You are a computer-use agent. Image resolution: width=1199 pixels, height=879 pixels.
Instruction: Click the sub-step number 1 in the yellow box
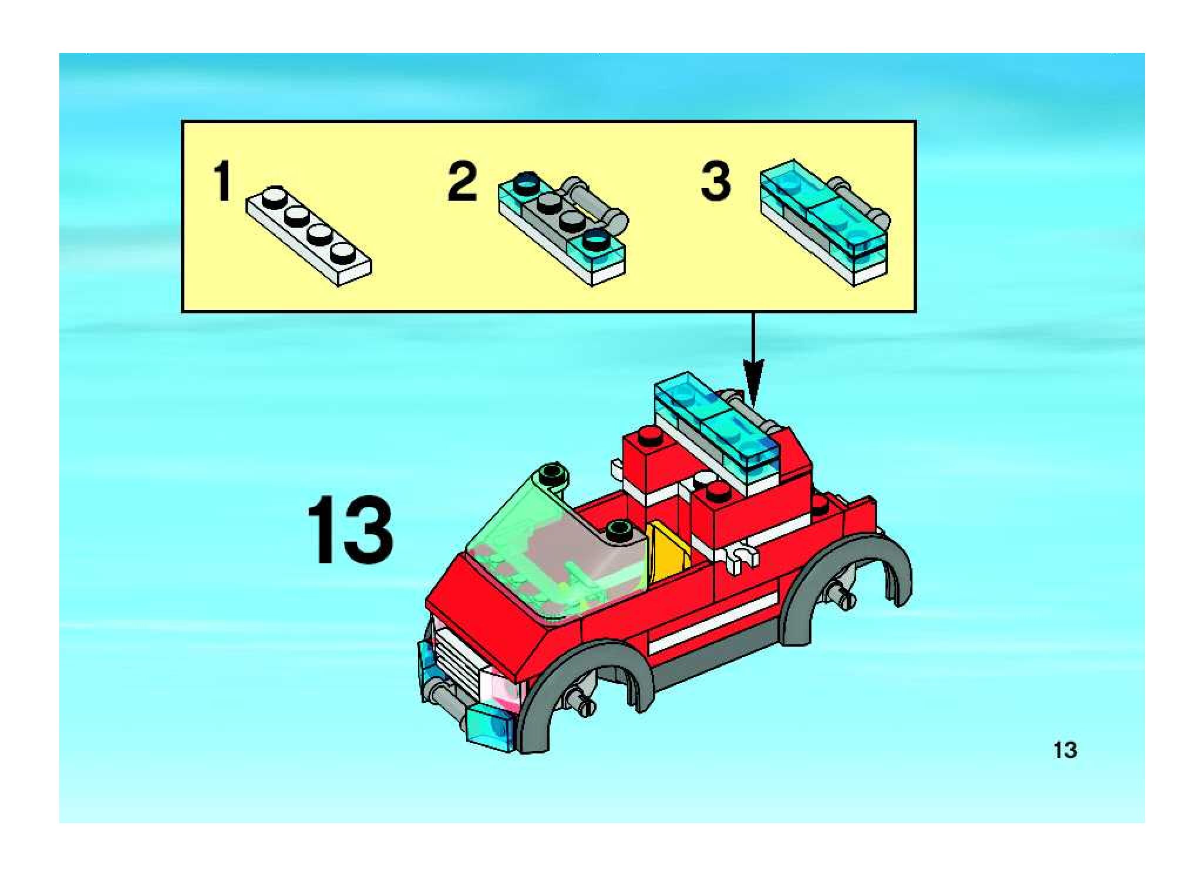pyautogui.click(x=223, y=181)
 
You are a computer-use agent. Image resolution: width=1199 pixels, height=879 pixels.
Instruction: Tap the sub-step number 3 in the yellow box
pyautogui.click(x=716, y=181)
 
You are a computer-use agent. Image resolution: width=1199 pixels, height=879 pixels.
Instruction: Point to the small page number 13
pyautogui.click(x=1065, y=750)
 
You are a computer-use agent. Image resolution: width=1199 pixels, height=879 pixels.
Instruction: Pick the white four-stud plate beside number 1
pyautogui.click(x=308, y=235)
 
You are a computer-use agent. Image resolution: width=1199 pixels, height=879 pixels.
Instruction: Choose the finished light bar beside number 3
pyautogui.click(x=824, y=222)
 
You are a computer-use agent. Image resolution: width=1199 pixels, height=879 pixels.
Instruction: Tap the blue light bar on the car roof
pyautogui.click(x=716, y=428)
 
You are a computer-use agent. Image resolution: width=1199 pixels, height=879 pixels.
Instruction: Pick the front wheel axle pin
pyautogui.click(x=579, y=696)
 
